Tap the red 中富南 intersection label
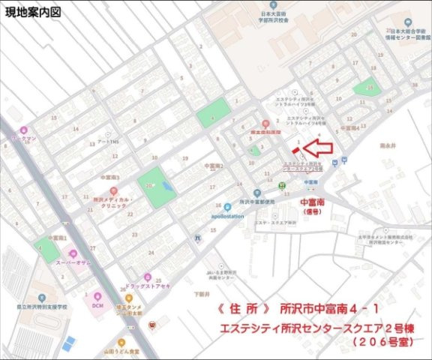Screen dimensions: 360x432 click(x=313, y=203)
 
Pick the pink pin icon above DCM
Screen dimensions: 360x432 click(x=97, y=295)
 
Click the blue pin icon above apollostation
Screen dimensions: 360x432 click(x=227, y=207)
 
